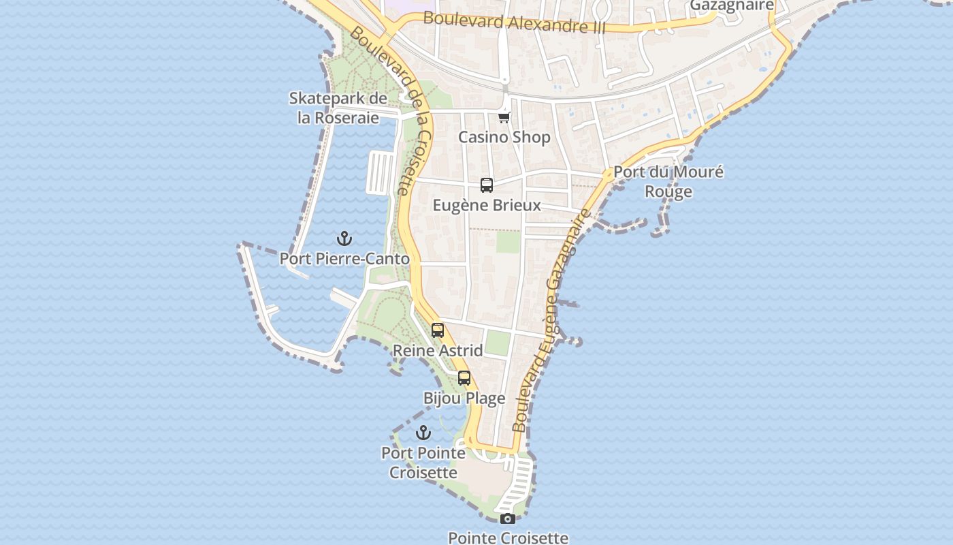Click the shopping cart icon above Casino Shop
pyautogui.click(x=504, y=117)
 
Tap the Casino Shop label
pyautogui.click(x=504, y=137)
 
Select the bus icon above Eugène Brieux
pyautogui.click(x=487, y=185)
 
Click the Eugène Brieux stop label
pyautogui.click(x=487, y=205)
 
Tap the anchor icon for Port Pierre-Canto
pyautogui.click(x=344, y=238)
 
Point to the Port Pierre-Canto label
pyautogui.click(x=344, y=259)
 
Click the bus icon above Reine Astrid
pyautogui.click(x=438, y=330)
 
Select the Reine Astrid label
pyautogui.click(x=438, y=351)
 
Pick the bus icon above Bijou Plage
pyautogui.click(x=464, y=378)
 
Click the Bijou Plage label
pyautogui.click(x=464, y=399)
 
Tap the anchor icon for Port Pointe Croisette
pyautogui.click(x=423, y=433)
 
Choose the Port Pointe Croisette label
pyautogui.click(x=423, y=463)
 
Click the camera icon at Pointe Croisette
pyautogui.click(x=507, y=518)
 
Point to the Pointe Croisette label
pyautogui.click(x=508, y=538)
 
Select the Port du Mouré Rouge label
pyautogui.click(x=668, y=181)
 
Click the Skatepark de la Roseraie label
pyautogui.click(x=338, y=108)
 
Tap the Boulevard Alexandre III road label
pyautogui.click(x=514, y=22)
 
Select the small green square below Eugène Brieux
pyautogui.click(x=507, y=242)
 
